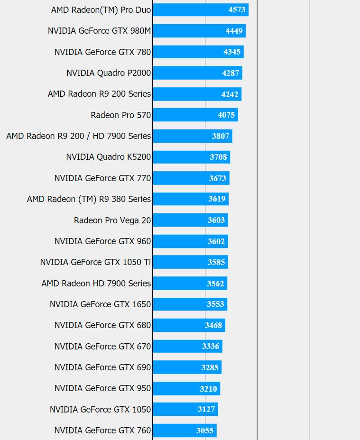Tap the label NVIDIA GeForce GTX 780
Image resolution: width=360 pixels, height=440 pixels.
pyautogui.click(x=102, y=52)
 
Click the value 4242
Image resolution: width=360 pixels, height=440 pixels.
pyautogui.click(x=230, y=94)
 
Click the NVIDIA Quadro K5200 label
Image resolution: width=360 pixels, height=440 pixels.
pyautogui.click(x=108, y=157)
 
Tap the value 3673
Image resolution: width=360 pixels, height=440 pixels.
pyautogui.click(x=218, y=178)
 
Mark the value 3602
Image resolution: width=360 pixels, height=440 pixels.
pyautogui.click(x=216, y=241)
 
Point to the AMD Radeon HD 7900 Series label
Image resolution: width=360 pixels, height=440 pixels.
pyautogui.click(x=96, y=283)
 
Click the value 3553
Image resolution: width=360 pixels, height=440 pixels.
pyautogui.click(x=215, y=304)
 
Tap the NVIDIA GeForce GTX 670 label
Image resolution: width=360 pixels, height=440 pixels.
pyautogui.click(x=102, y=346)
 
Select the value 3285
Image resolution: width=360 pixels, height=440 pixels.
pyautogui.click(x=210, y=367)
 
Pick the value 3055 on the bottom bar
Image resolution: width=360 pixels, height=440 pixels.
pyautogui.click(x=205, y=431)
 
